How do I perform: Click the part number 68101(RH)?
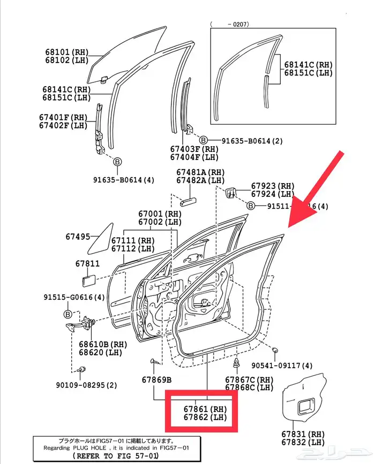66,52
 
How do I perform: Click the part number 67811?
87,264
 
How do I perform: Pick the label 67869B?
156,379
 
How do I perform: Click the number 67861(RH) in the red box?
205,409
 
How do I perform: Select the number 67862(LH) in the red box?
205,417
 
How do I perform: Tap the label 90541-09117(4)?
282,366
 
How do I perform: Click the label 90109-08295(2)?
86,385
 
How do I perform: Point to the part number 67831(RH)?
303,433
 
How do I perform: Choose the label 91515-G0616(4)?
73,297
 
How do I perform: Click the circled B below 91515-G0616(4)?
68,314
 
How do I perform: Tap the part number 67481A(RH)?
201,172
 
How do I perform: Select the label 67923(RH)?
273,186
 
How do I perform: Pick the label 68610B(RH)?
102,344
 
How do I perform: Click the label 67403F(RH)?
194,149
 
